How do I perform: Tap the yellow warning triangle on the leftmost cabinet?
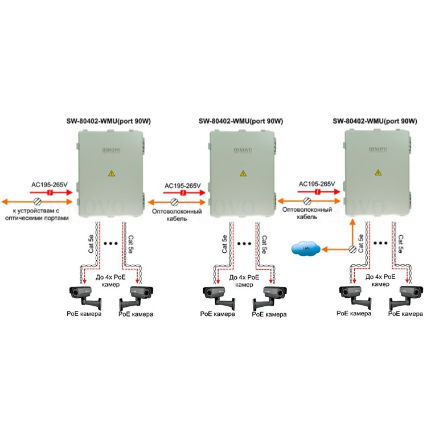coord(111,174)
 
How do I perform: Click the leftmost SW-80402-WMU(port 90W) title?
coord(108,121)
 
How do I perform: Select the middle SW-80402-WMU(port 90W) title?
coord(241,121)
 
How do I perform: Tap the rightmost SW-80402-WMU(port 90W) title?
coord(375,121)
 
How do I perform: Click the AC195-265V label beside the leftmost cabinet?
coord(49,185)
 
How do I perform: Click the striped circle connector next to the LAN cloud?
coord(353,249)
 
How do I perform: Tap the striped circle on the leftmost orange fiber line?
coord(38,202)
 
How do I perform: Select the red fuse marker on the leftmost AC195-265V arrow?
coord(51,193)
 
